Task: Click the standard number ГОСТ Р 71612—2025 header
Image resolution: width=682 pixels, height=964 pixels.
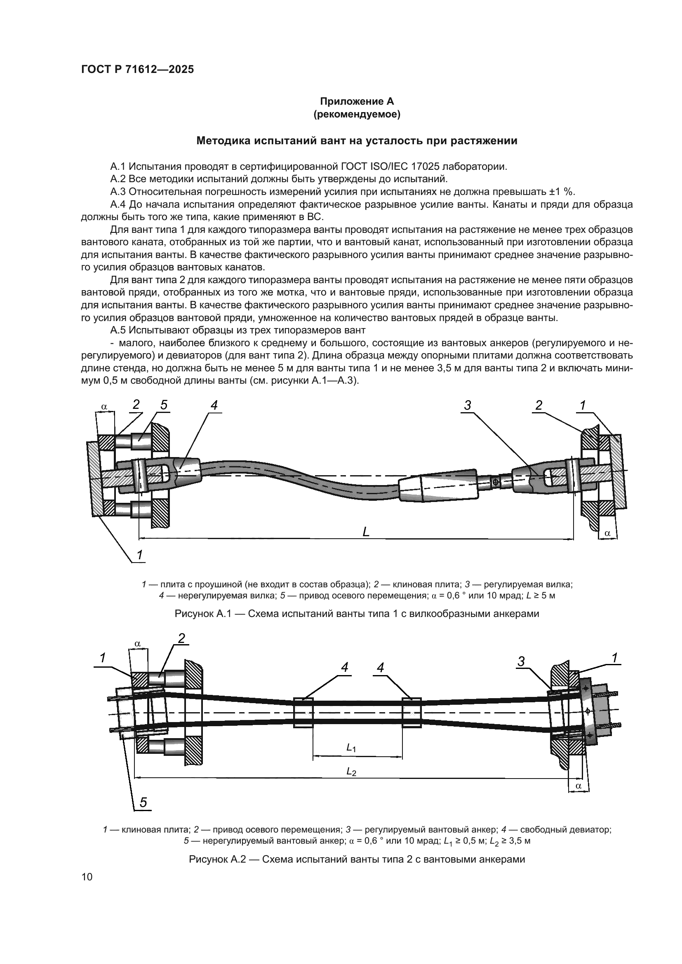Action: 137,70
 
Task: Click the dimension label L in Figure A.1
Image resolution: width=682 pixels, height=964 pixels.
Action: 366,532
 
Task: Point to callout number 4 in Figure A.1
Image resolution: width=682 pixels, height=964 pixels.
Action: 214,405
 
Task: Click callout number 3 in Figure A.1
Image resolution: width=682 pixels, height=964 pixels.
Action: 468,405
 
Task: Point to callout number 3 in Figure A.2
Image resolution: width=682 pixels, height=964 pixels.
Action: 521,662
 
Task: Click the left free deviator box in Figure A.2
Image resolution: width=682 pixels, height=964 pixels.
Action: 303,713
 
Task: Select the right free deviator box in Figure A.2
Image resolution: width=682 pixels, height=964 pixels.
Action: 412,713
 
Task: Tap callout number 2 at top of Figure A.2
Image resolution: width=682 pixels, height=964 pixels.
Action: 181,638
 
